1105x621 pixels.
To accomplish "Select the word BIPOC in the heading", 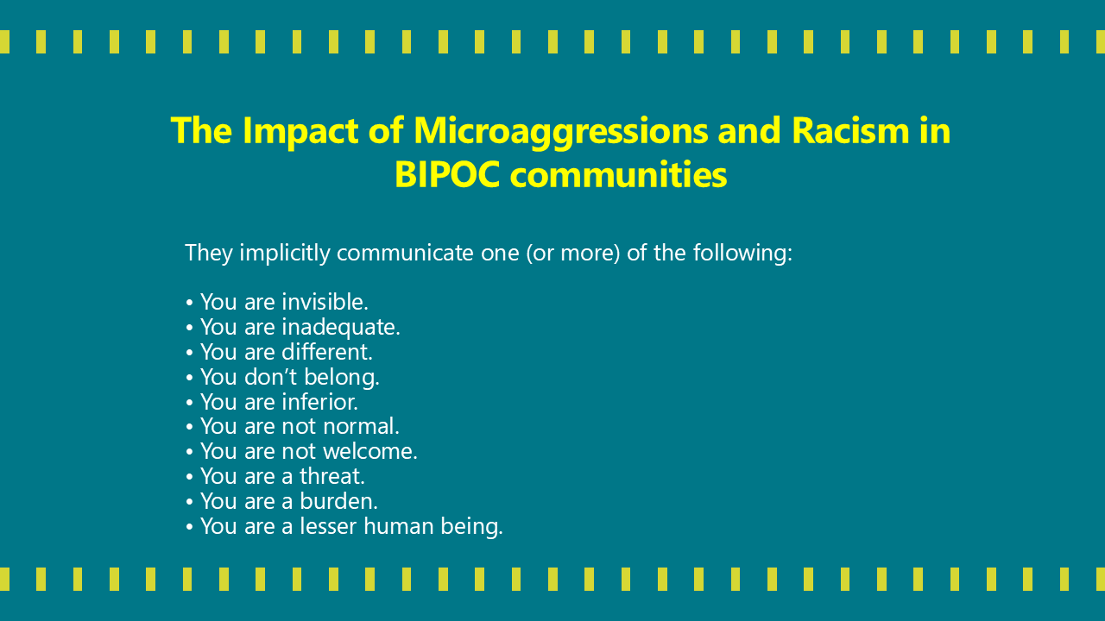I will [x=447, y=175].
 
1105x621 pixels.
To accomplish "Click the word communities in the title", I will [x=618, y=175].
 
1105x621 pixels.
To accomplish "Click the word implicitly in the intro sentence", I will [x=284, y=254].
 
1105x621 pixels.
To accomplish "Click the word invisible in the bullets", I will [x=325, y=302].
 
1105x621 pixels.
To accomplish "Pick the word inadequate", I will [x=340, y=327].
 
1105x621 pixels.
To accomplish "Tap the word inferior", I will [x=319, y=402].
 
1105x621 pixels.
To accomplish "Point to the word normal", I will [x=361, y=426].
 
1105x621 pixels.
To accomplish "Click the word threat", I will [x=332, y=476].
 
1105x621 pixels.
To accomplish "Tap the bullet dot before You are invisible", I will [x=189, y=303].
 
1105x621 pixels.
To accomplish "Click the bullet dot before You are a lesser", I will [x=189, y=527].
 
